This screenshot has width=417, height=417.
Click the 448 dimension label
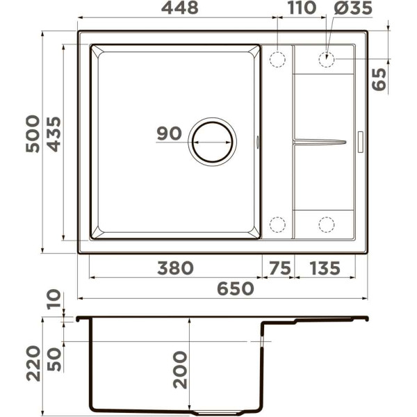coord(180,8)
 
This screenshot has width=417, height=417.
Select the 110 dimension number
coord(302,8)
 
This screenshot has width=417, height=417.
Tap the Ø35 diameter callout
coord(353,8)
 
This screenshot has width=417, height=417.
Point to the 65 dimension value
coord(379,79)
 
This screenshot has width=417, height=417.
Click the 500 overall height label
coord(33,133)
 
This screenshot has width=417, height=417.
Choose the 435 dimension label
coord(54,134)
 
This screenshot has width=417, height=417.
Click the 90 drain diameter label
coord(169,133)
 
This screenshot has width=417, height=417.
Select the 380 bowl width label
coord(176,268)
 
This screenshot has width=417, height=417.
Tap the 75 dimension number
coord(280,268)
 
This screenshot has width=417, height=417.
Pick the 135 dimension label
coord(325,268)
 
